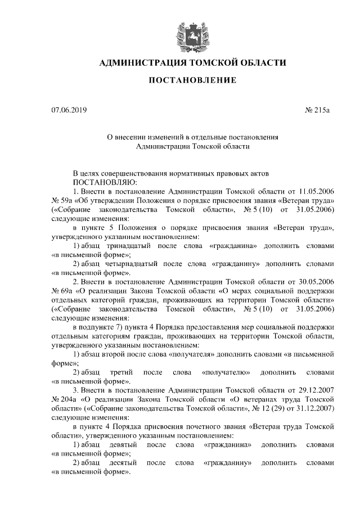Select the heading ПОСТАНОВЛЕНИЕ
point(192,82)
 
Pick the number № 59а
point(61,201)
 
